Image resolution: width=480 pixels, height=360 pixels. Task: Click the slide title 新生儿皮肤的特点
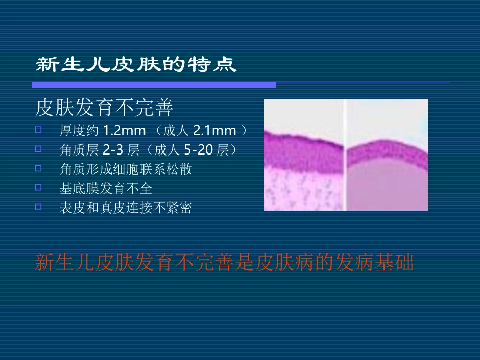(x=136, y=65)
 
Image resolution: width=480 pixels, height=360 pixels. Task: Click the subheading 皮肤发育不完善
(x=104, y=108)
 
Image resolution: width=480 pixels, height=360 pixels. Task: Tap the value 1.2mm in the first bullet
(x=117, y=131)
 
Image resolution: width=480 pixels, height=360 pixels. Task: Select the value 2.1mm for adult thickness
(x=215, y=131)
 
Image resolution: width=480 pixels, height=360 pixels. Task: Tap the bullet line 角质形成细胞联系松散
(x=126, y=169)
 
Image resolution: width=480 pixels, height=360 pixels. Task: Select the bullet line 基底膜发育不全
(x=106, y=188)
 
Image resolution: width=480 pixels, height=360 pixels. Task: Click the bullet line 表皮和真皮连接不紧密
(x=126, y=208)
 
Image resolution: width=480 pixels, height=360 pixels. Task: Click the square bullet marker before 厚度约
(x=39, y=130)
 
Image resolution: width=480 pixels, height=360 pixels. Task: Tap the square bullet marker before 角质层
(x=39, y=149)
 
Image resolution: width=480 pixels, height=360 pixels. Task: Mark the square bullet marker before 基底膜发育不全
(x=39, y=187)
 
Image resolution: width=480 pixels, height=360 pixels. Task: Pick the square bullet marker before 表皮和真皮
(x=39, y=207)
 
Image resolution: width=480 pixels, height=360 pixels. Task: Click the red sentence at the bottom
(x=224, y=263)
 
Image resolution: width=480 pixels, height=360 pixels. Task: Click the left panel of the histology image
(x=303, y=155)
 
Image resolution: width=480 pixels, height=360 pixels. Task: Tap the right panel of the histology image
(x=388, y=155)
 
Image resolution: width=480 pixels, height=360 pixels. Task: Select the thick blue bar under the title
(x=154, y=85)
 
